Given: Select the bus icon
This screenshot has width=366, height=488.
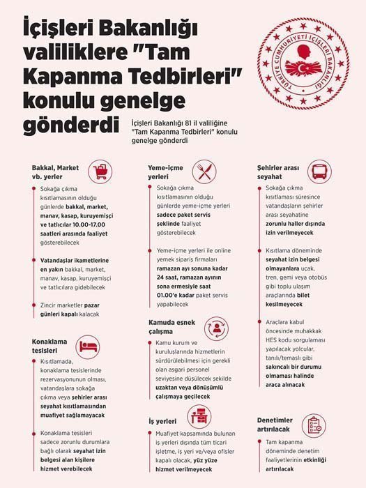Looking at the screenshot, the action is [x=319, y=172].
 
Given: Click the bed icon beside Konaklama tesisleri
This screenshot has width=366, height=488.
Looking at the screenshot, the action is [x=87, y=346].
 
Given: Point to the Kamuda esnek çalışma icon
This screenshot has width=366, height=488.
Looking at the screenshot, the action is [x=215, y=328].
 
